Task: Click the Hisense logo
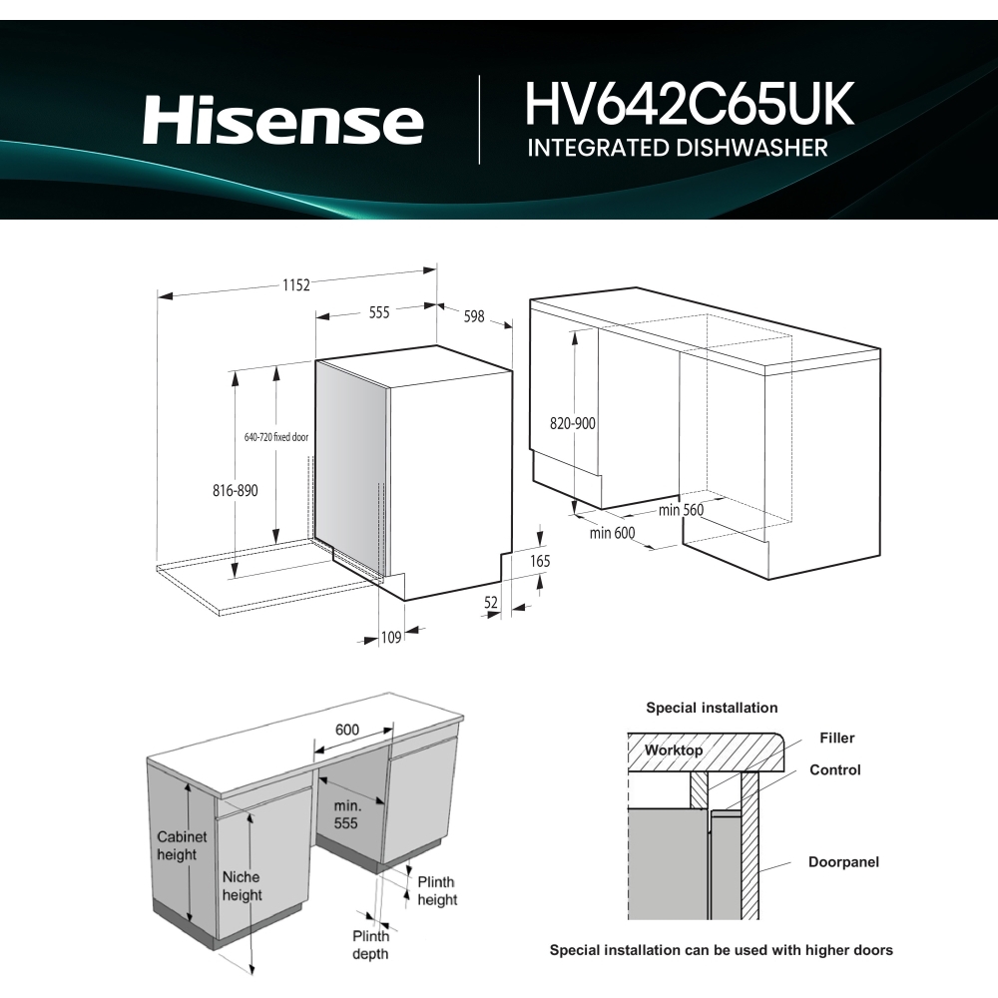point(282,121)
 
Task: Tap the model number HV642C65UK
point(690,105)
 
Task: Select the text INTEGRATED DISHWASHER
point(678,149)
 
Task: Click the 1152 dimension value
point(294,284)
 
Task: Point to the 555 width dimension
point(379,312)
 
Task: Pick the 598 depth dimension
point(474,316)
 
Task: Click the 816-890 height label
point(236,491)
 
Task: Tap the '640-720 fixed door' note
point(276,437)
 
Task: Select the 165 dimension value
point(540,562)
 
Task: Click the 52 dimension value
point(491,602)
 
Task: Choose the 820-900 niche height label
point(573,423)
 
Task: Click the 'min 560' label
point(682,510)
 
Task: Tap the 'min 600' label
point(612,533)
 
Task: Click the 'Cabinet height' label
point(182,845)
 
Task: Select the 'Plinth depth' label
point(369,944)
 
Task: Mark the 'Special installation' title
point(712,708)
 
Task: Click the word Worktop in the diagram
point(674,749)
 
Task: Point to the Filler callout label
point(837,739)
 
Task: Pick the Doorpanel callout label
point(843,861)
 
